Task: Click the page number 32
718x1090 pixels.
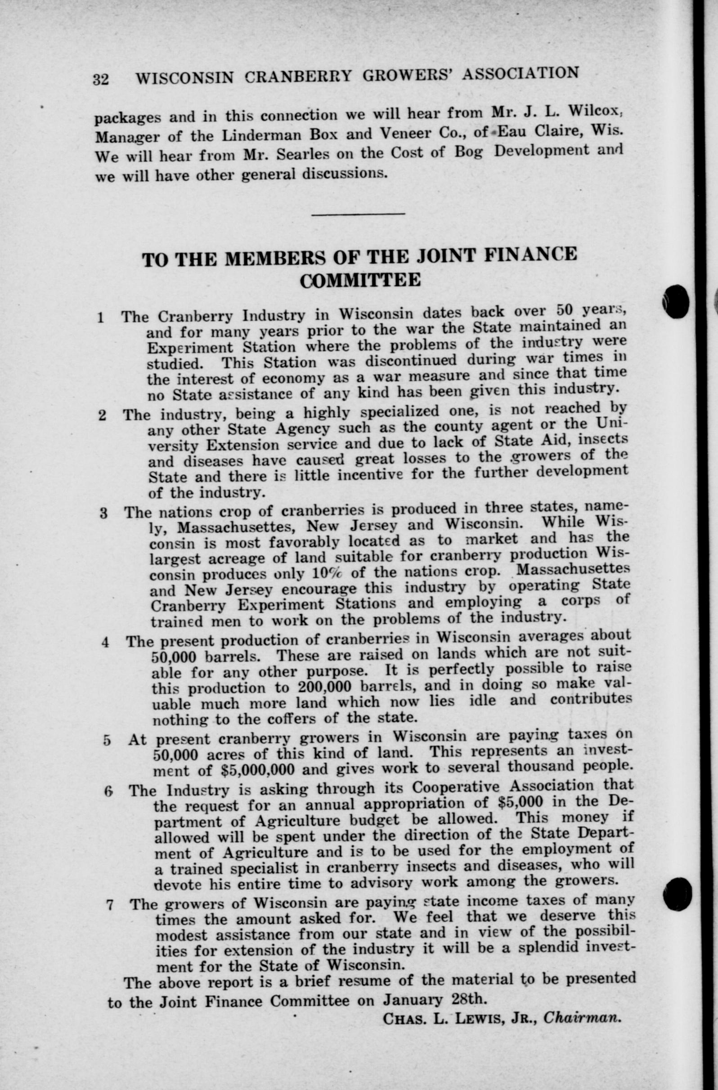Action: (101, 80)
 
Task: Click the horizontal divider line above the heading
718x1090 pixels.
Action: (358, 214)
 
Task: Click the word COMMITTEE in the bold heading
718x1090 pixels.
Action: (360, 280)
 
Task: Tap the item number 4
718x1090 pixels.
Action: (105, 643)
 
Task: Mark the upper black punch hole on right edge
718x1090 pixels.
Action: (676, 301)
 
